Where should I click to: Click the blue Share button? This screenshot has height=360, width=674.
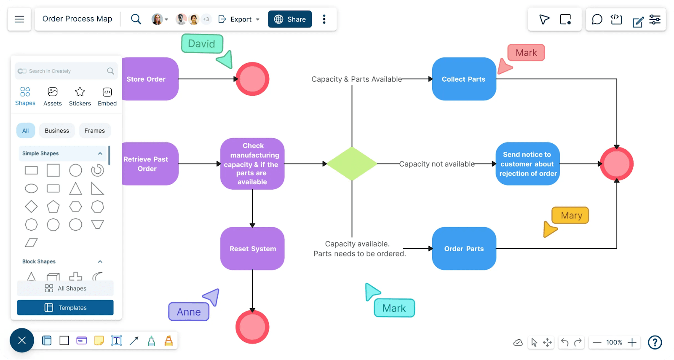click(x=290, y=19)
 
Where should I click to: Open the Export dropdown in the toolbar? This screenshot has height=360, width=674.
click(x=239, y=19)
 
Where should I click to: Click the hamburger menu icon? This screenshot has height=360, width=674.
click(x=19, y=19)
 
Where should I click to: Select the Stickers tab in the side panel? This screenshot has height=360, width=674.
click(x=80, y=97)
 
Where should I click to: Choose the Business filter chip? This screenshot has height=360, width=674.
click(x=57, y=131)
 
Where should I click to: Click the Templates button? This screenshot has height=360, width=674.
click(x=65, y=308)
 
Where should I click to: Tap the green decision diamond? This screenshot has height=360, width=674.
click(x=352, y=164)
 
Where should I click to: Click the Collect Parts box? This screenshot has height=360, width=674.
click(x=464, y=79)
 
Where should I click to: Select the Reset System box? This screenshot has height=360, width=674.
click(x=252, y=248)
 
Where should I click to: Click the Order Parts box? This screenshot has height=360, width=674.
click(x=464, y=248)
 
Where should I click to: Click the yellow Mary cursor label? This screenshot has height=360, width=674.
click(x=570, y=215)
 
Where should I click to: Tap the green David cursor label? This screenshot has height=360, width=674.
click(x=202, y=44)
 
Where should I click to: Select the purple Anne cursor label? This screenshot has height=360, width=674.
click(x=189, y=312)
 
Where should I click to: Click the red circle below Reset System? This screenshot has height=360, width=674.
click(x=252, y=327)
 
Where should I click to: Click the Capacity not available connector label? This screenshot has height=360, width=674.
click(x=436, y=164)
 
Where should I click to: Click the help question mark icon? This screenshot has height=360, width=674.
click(x=655, y=342)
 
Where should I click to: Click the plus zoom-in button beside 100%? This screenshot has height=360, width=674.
click(x=632, y=342)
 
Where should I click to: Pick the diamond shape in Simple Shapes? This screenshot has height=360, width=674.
click(x=31, y=207)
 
